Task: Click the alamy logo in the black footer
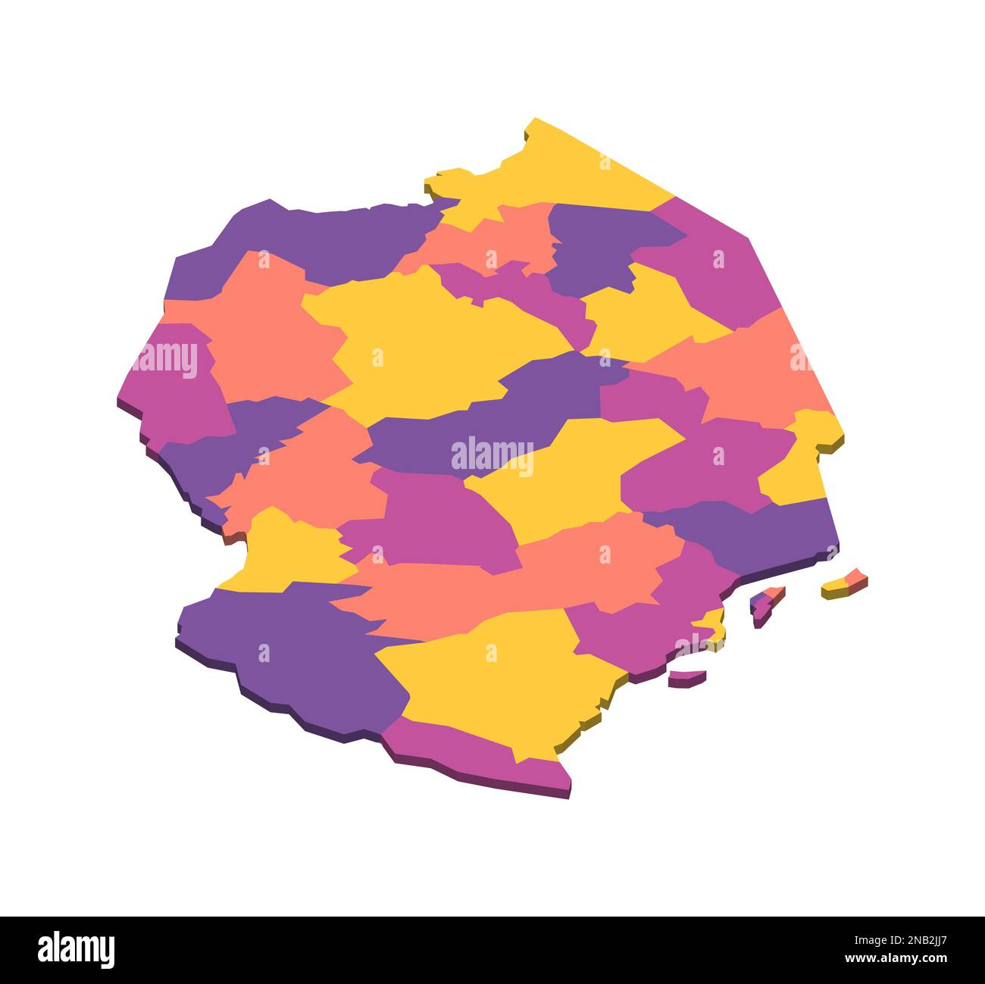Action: point(76,949)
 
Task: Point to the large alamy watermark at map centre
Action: point(492,455)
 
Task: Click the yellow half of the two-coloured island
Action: point(834,587)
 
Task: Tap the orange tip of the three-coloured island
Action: point(773,591)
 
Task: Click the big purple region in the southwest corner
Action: point(303,651)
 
